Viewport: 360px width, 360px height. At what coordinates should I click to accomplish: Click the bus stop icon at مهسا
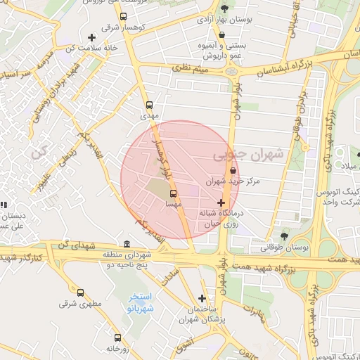click(x=174, y=193)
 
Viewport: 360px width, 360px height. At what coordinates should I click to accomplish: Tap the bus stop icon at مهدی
click(x=148, y=105)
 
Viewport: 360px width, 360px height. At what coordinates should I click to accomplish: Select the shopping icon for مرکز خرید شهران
click(x=233, y=171)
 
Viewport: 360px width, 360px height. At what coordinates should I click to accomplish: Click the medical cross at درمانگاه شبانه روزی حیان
click(x=221, y=202)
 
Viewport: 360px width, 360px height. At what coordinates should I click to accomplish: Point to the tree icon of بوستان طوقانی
click(x=283, y=236)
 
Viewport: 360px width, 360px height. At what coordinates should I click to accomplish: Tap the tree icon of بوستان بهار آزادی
click(x=224, y=8)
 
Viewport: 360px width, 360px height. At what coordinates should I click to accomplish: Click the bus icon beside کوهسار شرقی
click(x=124, y=17)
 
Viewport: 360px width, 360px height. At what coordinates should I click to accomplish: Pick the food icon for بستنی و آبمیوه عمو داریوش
click(x=222, y=33)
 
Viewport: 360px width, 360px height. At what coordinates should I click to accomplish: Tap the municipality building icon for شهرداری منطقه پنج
click(x=126, y=244)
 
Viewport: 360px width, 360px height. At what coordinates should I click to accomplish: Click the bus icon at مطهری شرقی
click(x=80, y=292)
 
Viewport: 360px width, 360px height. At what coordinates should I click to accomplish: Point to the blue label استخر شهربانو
click(x=141, y=303)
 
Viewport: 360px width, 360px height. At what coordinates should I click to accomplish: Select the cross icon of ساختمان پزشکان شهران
click(x=202, y=298)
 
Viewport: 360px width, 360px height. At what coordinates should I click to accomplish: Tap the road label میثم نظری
click(x=192, y=69)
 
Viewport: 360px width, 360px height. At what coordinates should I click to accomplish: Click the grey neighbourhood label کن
click(x=37, y=150)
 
